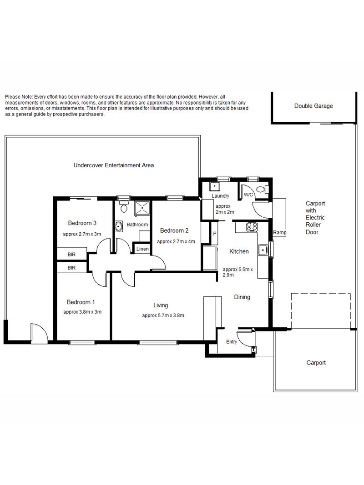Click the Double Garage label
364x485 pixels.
(x=313, y=106)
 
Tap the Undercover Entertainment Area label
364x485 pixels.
(x=114, y=165)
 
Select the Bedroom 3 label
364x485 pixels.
(x=82, y=223)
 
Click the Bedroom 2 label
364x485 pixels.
(x=174, y=230)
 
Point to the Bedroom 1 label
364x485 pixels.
(x=81, y=302)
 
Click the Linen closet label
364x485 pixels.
(x=142, y=249)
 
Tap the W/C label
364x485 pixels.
(x=248, y=195)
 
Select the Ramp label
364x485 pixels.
(x=279, y=232)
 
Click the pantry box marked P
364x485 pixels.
(x=214, y=234)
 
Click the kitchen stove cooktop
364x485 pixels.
(x=252, y=227)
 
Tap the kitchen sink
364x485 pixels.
(x=263, y=250)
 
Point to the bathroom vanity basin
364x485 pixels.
(x=119, y=226)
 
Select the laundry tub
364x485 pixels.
(x=214, y=187)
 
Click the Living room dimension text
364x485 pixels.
(x=163, y=315)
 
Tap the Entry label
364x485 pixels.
(x=232, y=341)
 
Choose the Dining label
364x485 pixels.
(x=242, y=297)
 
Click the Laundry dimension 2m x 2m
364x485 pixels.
(x=225, y=209)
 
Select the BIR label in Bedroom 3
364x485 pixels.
(x=71, y=255)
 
